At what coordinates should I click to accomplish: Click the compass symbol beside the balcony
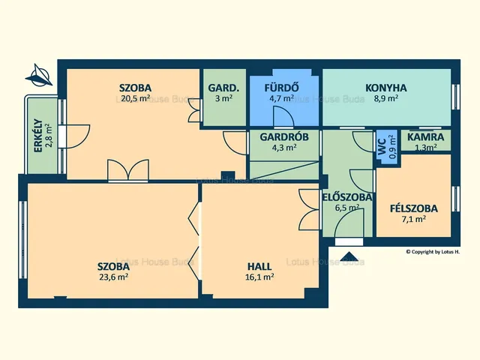(x=39, y=75)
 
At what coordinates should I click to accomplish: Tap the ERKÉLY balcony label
(x=38, y=136)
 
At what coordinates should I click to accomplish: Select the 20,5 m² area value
(x=135, y=98)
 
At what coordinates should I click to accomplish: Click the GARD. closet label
(x=223, y=88)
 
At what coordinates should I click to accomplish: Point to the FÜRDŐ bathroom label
(x=281, y=88)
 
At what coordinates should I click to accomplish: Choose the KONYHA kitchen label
(x=386, y=88)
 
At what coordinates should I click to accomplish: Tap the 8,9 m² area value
(x=386, y=98)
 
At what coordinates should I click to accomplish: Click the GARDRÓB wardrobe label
(x=284, y=136)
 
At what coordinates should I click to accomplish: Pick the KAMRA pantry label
(x=425, y=136)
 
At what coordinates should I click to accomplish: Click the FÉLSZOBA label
(x=413, y=208)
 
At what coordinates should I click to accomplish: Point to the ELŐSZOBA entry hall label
(x=347, y=197)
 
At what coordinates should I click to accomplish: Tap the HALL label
(x=259, y=267)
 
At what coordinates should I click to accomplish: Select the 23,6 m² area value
(x=113, y=277)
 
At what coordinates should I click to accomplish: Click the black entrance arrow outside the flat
(x=349, y=256)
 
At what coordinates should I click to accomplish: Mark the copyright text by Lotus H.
(x=433, y=252)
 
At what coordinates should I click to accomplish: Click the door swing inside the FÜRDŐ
(x=283, y=117)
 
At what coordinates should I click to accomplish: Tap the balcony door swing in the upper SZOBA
(x=78, y=136)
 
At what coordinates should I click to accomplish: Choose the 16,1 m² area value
(x=259, y=277)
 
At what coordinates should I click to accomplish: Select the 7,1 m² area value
(x=414, y=219)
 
